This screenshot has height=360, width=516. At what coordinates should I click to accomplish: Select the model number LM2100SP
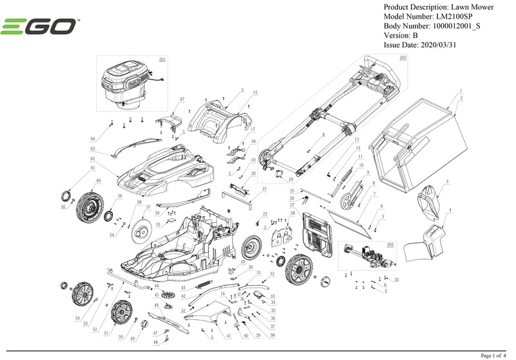(x=454, y=16)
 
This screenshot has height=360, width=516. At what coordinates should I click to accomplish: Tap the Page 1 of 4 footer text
(x=495, y=355)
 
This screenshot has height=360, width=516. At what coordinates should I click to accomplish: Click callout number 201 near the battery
(x=162, y=59)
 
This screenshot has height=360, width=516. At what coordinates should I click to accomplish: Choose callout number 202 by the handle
(x=403, y=58)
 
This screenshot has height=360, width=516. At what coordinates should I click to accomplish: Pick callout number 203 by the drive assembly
(x=390, y=245)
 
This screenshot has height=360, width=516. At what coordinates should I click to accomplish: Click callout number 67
(x=182, y=99)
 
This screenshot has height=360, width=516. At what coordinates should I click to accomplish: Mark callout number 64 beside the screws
(x=93, y=139)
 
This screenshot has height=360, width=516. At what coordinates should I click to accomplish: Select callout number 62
(x=93, y=158)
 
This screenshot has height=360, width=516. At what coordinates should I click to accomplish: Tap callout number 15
(x=255, y=93)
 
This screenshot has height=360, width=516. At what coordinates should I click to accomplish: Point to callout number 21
(x=264, y=189)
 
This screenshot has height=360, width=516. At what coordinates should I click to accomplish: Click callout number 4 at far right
(x=449, y=209)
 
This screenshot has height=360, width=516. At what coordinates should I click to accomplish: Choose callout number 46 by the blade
(x=156, y=305)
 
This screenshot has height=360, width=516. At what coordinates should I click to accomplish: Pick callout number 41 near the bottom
(x=229, y=337)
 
